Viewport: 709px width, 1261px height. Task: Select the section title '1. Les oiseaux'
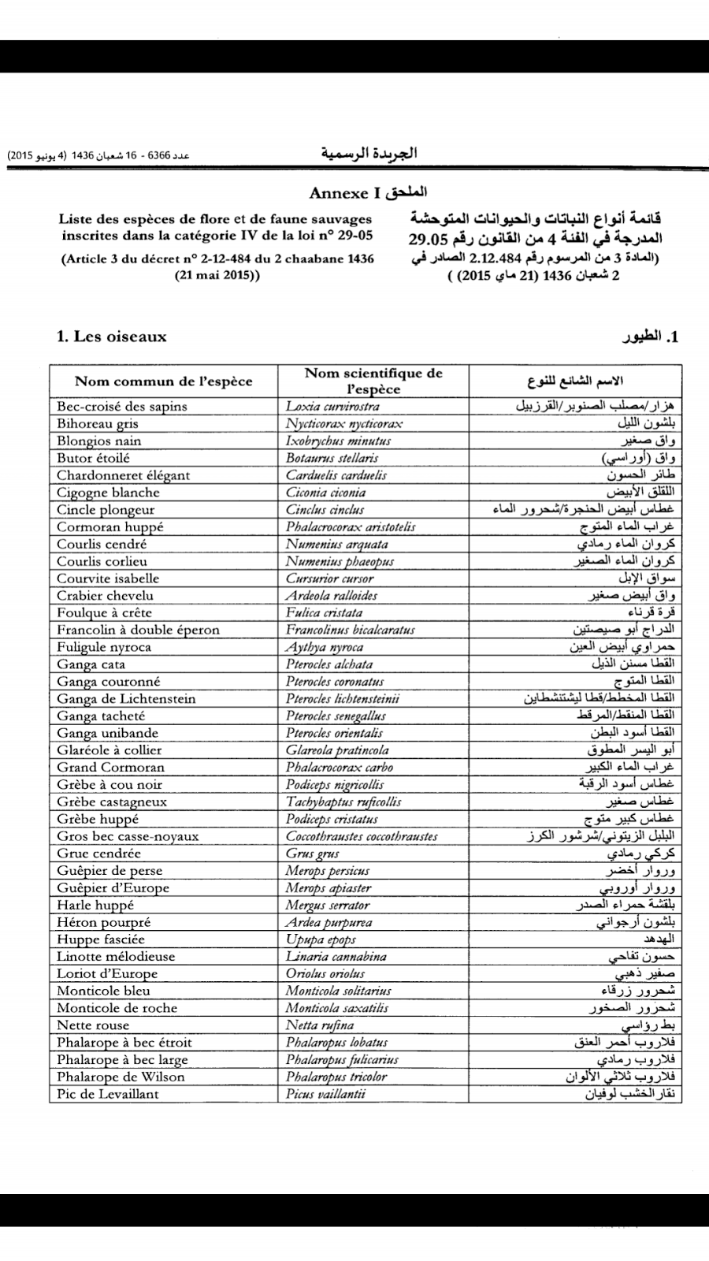(112, 337)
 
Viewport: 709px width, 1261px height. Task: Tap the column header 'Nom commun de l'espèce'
(163, 381)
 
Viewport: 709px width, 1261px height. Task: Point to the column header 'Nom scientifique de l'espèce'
(373, 381)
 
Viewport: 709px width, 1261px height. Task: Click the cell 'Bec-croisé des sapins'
(122, 407)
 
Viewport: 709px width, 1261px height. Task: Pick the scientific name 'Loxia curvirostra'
(332, 407)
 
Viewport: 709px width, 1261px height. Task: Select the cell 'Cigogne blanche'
(108, 493)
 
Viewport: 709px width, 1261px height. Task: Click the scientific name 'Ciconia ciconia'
(325, 493)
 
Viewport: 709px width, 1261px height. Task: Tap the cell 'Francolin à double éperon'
(138, 630)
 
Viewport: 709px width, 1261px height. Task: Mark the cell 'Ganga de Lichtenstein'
(126, 698)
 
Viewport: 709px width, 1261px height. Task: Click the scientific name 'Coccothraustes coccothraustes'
(362, 836)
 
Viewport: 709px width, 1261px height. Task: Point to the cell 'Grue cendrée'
(98, 854)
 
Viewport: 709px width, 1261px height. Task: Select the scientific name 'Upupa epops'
(321, 939)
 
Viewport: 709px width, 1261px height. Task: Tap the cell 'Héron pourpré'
(103, 922)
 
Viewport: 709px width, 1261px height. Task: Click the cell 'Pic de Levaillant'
(108, 1094)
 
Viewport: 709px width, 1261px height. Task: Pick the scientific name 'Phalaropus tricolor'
(336, 1077)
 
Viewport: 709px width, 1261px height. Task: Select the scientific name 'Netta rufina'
(319, 1025)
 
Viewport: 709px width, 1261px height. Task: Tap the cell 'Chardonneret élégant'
(123, 475)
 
